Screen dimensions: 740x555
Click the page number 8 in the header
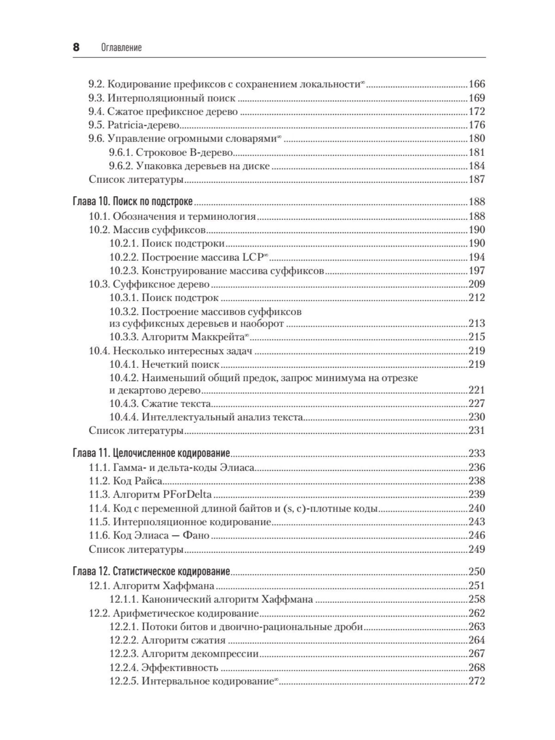pyautogui.click(x=76, y=47)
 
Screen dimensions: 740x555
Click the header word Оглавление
pyautogui.click(x=121, y=48)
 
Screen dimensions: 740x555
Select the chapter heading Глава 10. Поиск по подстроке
pyautogui.click(x=133, y=202)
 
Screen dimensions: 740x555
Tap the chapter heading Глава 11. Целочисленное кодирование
pyautogui.click(x=151, y=453)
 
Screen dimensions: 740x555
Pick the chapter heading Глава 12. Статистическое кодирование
pyautogui.click(x=151, y=572)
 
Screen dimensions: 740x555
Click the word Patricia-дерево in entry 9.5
pyautogui.click(x=143, y=125)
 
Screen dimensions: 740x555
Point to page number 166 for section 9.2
pyautogui.click(x=476, y=84)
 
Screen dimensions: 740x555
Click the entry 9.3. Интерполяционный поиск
pyautogui.click(x=162, y=98)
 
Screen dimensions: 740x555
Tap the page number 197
pyautogui.click(x=476, y=271)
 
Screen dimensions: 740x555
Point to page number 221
pyautogui.click(x=476, y=390)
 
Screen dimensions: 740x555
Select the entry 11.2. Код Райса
pyautogui.click(x=125, y=481)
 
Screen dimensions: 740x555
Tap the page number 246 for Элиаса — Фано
pyautogui.click(x=476, y=536)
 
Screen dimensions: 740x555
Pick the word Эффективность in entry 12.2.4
pyautogui.click(x=179, y=668)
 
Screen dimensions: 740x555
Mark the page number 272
pyautogui.click(x=476, y=681)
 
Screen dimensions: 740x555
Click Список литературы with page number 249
pyautogui.click(x=136, y=549)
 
